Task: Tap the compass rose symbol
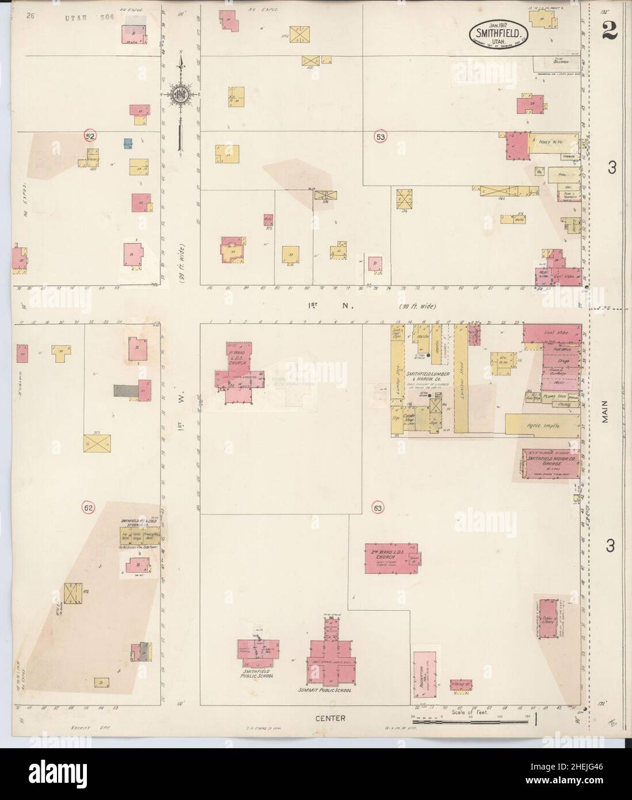pos(180,94)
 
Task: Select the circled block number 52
pos(90,136)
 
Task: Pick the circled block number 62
pos(90,507)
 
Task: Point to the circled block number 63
pos(377,508)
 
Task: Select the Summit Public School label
pos(325,689)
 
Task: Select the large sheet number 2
pos(609,32)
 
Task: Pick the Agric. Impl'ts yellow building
pos(541,425)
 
